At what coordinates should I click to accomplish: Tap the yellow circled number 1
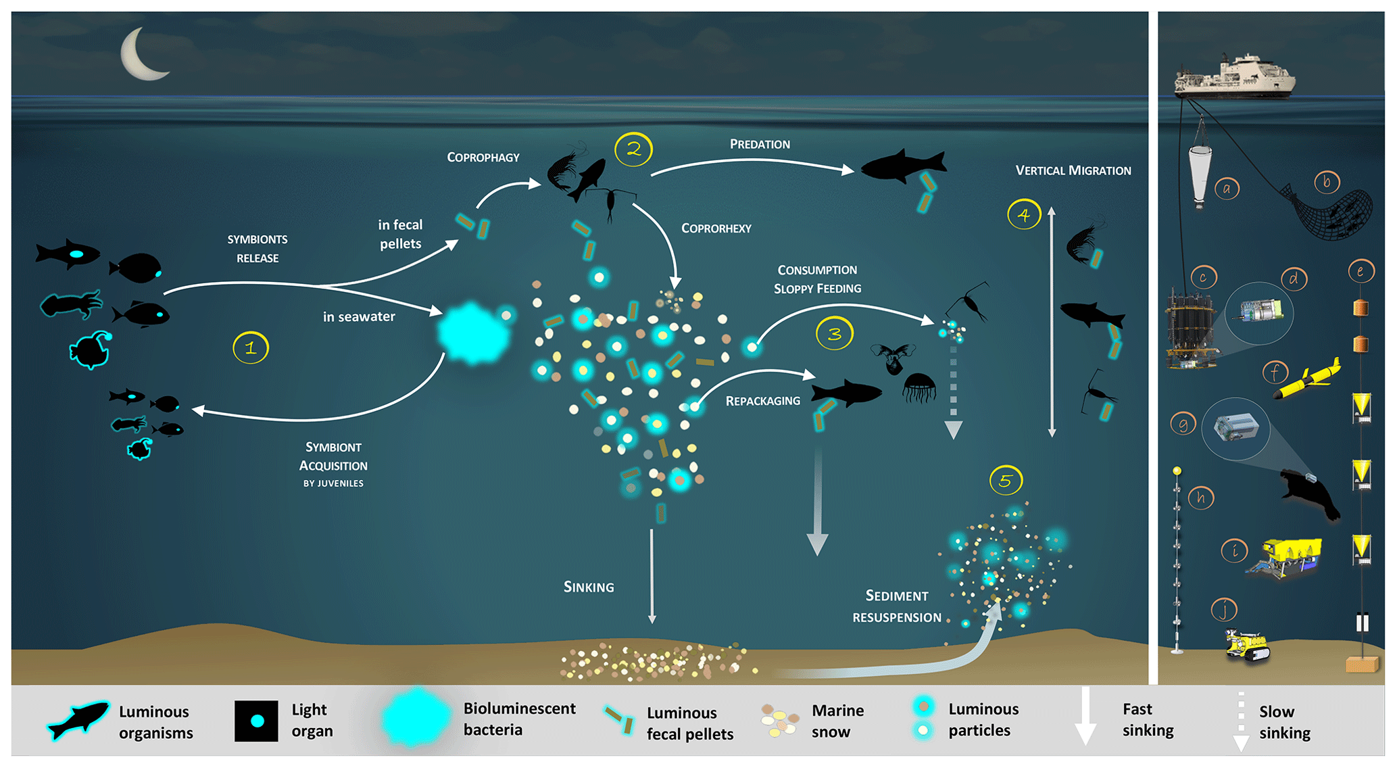[x=251, y=348]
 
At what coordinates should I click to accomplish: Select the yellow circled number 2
[x=633, y=149]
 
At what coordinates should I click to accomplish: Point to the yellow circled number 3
[x=835, y=333]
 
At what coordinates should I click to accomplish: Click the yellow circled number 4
[x=1024, y=215]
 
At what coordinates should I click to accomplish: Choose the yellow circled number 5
[x=1006, y=481]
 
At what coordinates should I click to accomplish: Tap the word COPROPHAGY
[x=483, y=158]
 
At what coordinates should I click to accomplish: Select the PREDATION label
[x=760, y=144]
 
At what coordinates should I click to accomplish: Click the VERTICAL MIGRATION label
[x=1073, y=170]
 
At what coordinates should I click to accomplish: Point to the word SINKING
[x=589, y=587]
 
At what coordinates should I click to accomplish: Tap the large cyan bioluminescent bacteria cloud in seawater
[x=473, y=333]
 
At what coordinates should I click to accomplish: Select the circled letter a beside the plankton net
[x=1226, y=189]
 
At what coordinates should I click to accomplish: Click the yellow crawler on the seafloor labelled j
[x=1248, y=645]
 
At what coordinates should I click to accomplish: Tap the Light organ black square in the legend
[x=256, y=721]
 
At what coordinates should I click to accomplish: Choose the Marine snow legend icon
[x=780, y=721]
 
